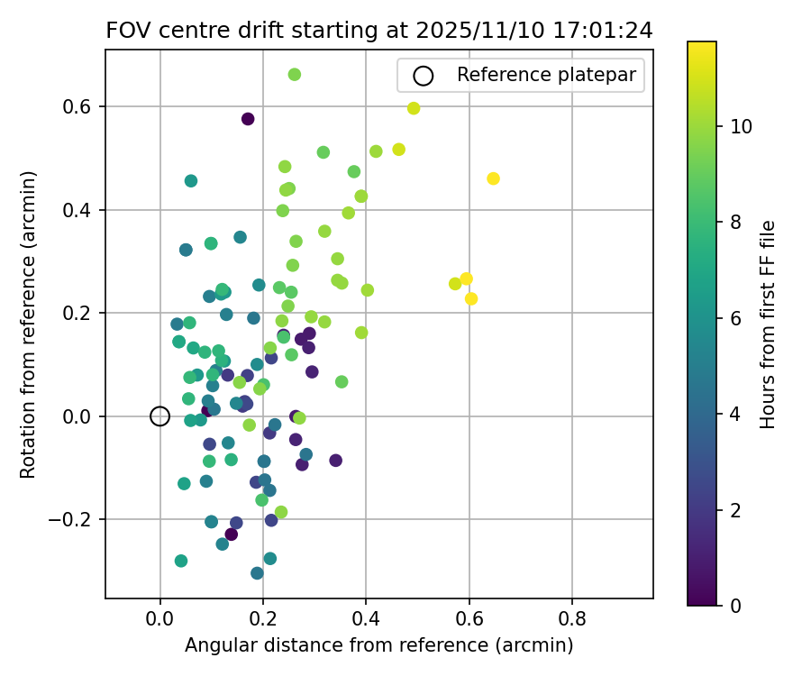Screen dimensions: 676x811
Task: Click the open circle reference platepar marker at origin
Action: [159, 416]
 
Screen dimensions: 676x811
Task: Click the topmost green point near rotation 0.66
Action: [294, 75]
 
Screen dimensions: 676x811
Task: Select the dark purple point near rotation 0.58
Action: [248, 119]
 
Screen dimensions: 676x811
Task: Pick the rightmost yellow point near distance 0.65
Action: [493, 178]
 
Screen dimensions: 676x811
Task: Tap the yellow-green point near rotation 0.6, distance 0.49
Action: [414, 108]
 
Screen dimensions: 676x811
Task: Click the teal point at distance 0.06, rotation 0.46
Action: [191, 181]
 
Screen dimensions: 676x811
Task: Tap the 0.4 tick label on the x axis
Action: [366, 620]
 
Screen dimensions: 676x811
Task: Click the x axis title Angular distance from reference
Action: [378, 645]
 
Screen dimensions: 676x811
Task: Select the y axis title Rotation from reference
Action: [28, 324]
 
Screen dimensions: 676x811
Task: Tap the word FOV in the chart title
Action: [124, 31]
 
